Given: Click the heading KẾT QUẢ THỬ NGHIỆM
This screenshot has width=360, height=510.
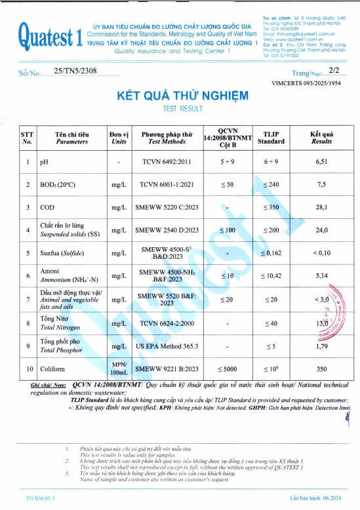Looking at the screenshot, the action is point(182,95).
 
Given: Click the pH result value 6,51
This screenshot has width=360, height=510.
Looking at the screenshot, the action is point(321,161).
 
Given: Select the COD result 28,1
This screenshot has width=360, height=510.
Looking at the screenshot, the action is point(321,208).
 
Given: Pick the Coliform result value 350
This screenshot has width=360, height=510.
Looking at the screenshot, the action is point(321,369).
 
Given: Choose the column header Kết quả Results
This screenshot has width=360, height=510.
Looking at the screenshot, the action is point(321,137).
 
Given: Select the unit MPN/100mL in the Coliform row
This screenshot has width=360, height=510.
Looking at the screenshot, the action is point(119,368).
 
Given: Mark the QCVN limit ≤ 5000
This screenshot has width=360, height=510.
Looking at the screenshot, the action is point(227,369).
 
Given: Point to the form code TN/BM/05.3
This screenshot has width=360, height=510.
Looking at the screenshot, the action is point(39,500).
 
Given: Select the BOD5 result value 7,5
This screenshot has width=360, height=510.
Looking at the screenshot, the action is point(321,185).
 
